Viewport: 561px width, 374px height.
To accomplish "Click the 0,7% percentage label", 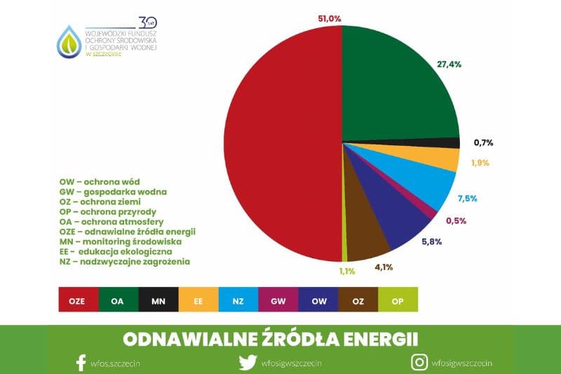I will click(483, 142).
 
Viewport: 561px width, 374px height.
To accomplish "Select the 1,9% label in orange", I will click(479, 163).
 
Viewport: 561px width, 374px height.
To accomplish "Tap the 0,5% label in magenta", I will click(457, 220).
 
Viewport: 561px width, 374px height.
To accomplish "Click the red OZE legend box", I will click(77, 300).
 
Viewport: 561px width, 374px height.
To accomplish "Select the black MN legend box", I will click(158, 300).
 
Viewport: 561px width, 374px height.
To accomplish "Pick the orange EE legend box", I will click(198, 300).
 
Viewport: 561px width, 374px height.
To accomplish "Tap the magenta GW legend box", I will click(278, 300).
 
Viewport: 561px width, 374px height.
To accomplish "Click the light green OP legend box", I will click(398, 300).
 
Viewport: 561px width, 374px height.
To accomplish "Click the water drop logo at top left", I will click(69, 41).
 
